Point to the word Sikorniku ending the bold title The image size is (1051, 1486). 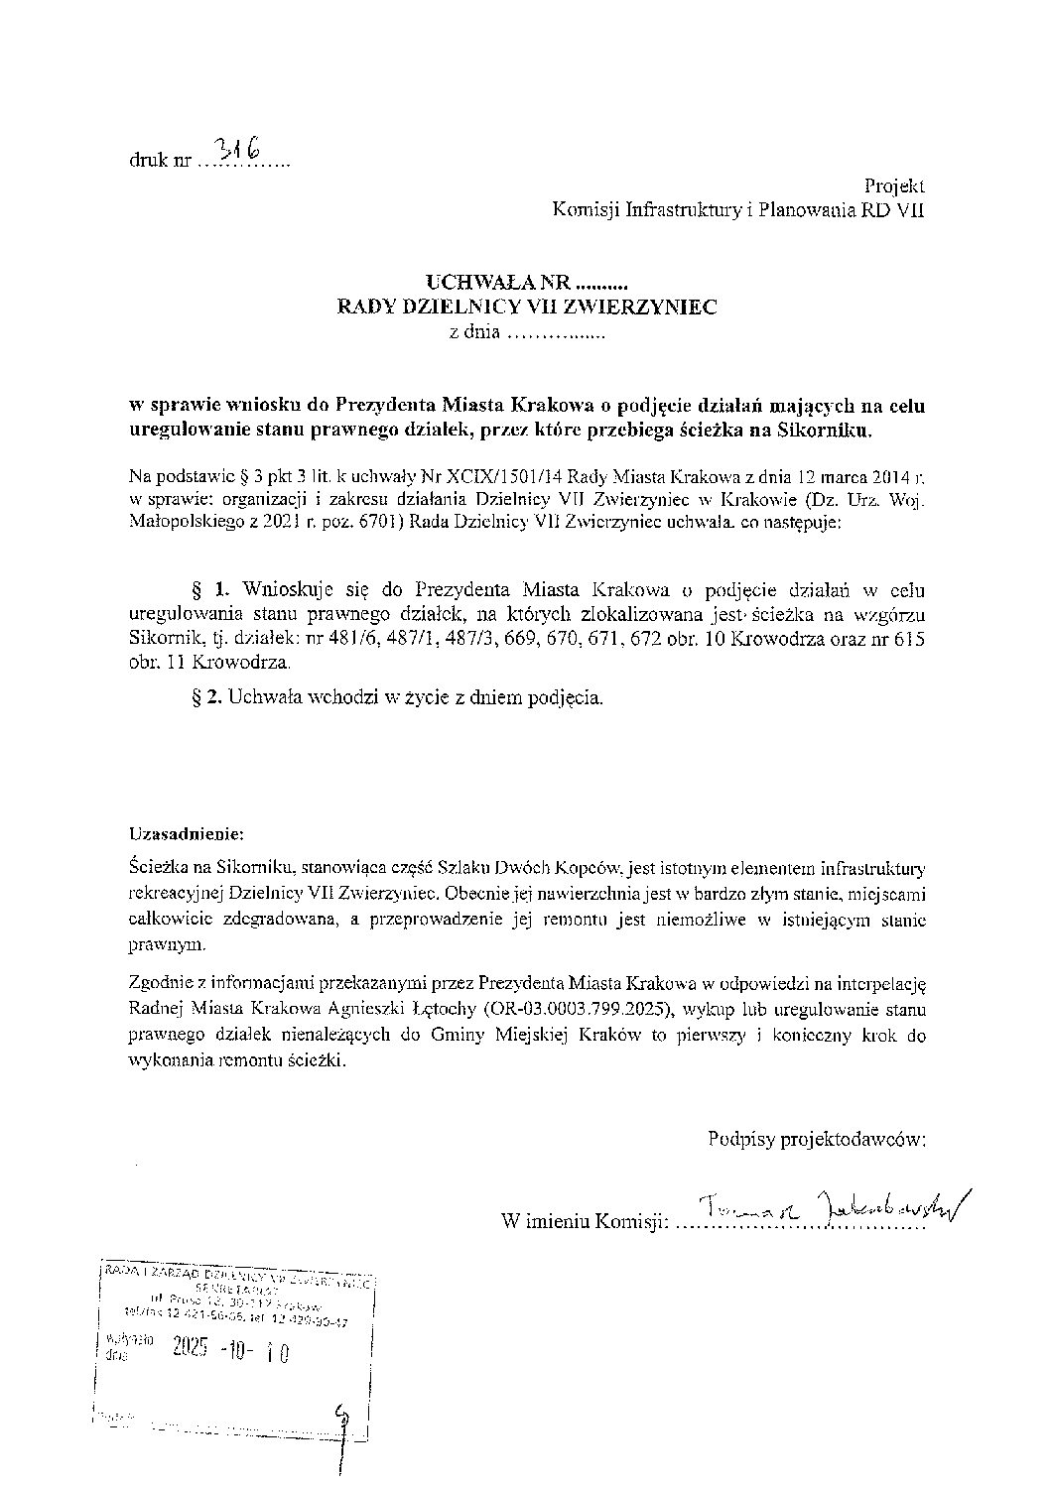tap(833, 430)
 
